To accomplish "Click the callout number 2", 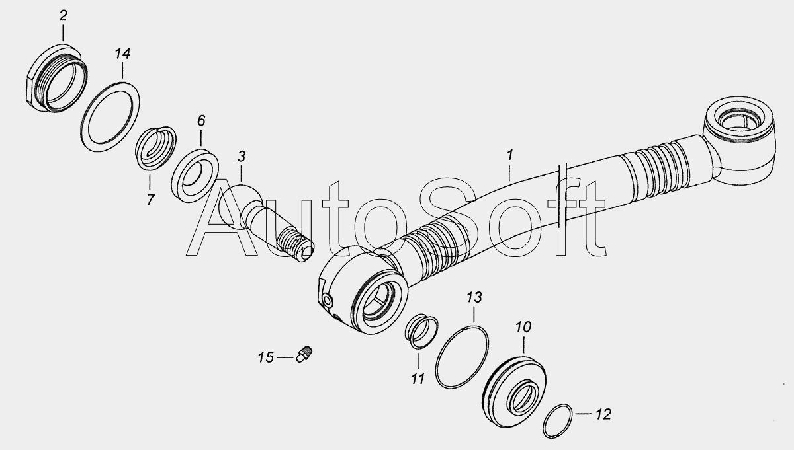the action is pyautogui.click(x=63, y=16).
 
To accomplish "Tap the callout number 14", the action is pyautogui.click(x=122, y=54).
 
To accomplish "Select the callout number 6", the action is pyautogui.click(x=201, y=121).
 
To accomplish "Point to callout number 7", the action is pyautogui.click(x=150, y=200).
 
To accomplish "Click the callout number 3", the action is pyautogui.click(x=242, y=156).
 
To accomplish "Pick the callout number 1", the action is pyautogui.click(x=509, y=155).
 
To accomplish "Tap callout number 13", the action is pyautogui.click(x=474, y=297).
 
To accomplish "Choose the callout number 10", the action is pyautogui.click(x=523, y=327).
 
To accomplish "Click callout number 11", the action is pyautogui.click(x=418, y=379).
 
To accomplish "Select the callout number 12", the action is pyautogui.click(x=603, y=414).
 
